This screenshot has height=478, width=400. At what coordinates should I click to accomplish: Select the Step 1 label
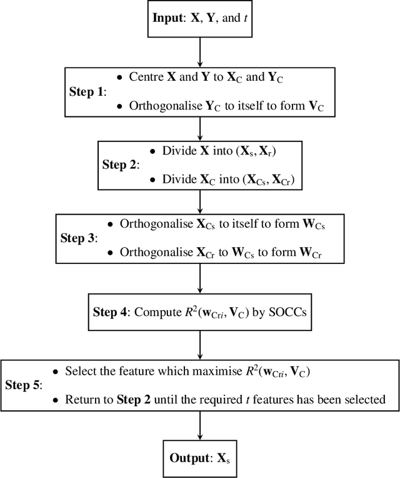(87, 91)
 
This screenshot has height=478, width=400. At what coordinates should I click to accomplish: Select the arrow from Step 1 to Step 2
(199, 128)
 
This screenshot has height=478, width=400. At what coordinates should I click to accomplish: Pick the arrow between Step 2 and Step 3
(199, 201)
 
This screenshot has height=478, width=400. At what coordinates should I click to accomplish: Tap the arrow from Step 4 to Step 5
(199, 345)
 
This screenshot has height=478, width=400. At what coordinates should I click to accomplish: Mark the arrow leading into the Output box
(199, 425)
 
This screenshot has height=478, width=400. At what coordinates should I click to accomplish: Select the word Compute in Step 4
(157, 312)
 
